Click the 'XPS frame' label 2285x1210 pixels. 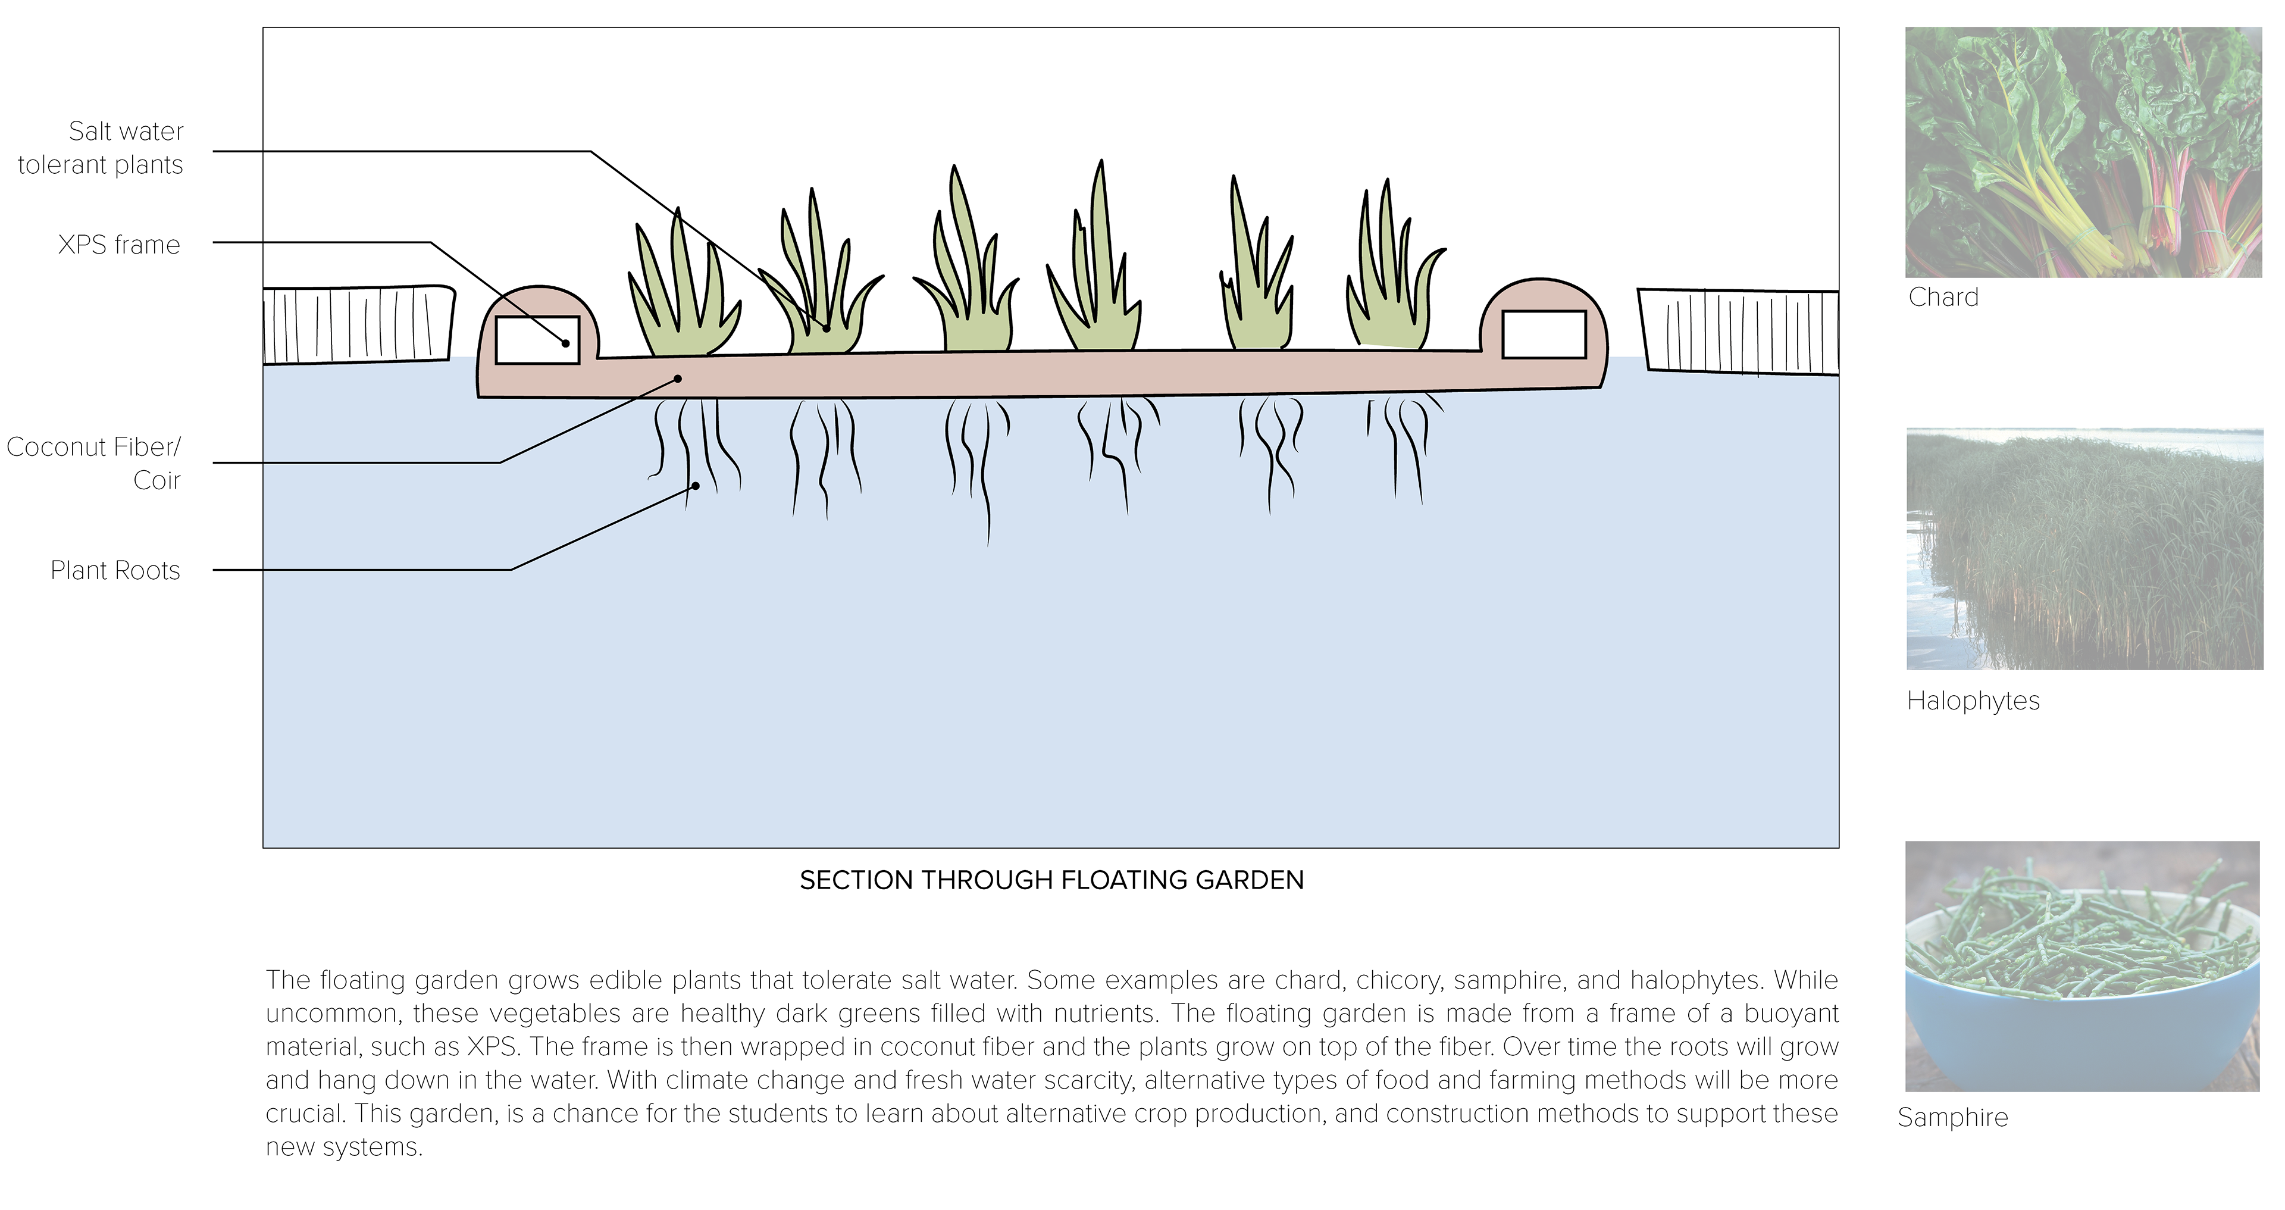[x=119, y=244]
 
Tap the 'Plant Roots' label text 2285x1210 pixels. [x=115, y=570]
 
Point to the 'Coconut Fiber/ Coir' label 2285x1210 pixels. [x=94, y=463]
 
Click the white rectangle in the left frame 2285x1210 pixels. [x=537, y=340]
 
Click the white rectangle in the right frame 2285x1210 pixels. [x=1544, y=334]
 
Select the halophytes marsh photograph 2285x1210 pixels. [x=2084, y=549]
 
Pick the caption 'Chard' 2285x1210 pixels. [x=1943, y=297]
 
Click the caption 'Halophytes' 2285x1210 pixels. [x=1973, y=701]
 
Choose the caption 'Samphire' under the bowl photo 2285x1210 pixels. [x=1952, y=1117]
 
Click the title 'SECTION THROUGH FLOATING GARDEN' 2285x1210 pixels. [x=1051, y=880]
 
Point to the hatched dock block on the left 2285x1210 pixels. [x=358, y=325]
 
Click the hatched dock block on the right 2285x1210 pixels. [x=1739, y=330]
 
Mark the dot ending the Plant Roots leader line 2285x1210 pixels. [x=696, y=486]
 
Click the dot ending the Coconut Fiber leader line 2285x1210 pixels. [x=678, y=379]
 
